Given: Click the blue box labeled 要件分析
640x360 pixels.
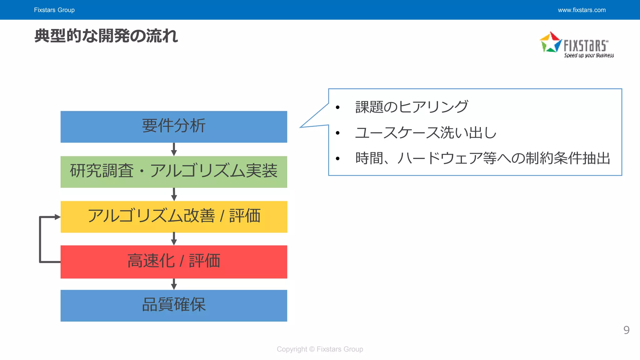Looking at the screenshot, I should pos(174,127).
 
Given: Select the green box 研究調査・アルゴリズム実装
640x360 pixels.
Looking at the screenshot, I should pos(174,172).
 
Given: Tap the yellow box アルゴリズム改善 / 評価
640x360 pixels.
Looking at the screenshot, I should pos(174,217).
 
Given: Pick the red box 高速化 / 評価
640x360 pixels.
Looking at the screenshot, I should pos(174,262).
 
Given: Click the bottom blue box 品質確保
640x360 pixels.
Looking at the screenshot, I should pos(174,305).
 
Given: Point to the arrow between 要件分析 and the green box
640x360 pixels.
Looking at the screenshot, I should pos(174,149).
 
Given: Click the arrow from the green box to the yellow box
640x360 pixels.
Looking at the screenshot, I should pos(174,194).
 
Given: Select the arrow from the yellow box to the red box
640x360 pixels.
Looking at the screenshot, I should pos(174,239).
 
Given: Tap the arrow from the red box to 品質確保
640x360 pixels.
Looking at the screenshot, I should pos(174,284).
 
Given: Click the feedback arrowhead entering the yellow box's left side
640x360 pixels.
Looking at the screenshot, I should pos(57,217).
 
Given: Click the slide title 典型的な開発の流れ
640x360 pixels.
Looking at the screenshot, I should pos(106,36).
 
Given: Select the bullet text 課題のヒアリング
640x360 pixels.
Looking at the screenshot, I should pos(412,107).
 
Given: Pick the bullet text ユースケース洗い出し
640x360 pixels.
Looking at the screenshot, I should pos(426,132).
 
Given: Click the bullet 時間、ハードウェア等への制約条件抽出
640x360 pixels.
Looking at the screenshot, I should pos(482,158).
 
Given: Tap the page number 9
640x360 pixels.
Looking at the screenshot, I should pos(626,330).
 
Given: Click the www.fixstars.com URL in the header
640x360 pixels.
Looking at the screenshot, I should pos(582,10).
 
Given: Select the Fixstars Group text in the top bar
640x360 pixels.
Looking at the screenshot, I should pos(54,10).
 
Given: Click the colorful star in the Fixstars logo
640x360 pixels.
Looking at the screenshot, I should pos(551,42).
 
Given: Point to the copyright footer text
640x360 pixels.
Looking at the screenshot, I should pos(320,349).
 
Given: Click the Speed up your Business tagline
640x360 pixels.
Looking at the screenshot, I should pos(589,55).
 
